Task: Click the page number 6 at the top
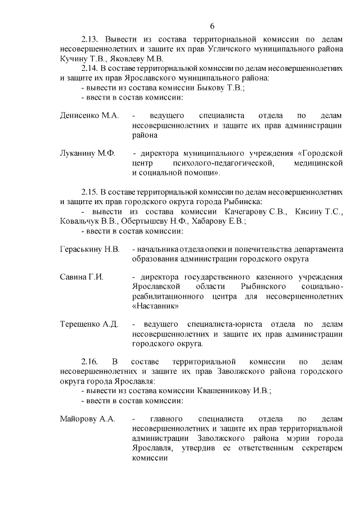click(x=212, y=26)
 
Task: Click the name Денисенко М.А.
click(x=89, y=115)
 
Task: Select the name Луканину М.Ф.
click(x=87, y=153)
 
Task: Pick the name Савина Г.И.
click(x=82, y=277)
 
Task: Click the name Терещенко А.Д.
click(x=89, y=325)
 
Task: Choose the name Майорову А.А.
click(x=87, y=419)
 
